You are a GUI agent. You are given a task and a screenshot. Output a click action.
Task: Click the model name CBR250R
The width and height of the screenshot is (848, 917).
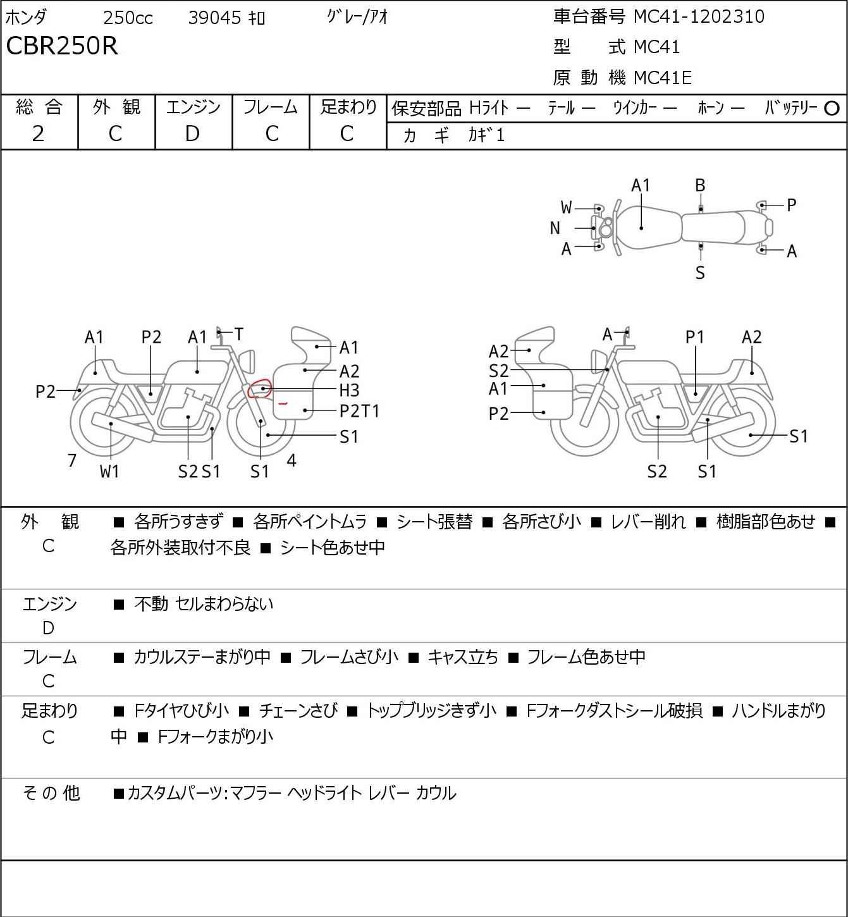click(x=62, y=46)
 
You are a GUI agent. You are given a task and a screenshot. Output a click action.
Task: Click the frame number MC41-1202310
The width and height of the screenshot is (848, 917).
click(x=699, y=16)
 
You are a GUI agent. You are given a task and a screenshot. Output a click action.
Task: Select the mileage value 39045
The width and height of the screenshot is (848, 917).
click(x=214, y=18)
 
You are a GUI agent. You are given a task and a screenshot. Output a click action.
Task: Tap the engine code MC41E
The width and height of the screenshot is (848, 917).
click(x=662, y=78)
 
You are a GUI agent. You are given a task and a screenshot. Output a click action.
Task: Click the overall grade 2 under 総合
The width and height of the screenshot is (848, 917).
click(x=39, y=133)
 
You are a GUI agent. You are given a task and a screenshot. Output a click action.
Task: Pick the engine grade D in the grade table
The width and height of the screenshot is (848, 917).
click(x=193, y=133)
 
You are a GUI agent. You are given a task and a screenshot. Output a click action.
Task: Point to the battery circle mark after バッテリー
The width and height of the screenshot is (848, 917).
click(x=832, y=109)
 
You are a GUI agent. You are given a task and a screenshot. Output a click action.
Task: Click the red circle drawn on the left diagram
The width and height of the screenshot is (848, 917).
click(x=259, y=388)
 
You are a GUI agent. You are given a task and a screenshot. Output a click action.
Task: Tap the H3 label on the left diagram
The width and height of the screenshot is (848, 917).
click(x=349, y=390)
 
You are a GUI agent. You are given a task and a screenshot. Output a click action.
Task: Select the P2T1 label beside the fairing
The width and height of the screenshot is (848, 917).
click(x=359, y=411)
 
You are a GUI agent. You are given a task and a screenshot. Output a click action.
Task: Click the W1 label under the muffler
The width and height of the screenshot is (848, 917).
click(x=109, y=471)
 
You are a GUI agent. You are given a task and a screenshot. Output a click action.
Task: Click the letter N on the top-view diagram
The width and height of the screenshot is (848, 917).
click(x=555, y=228)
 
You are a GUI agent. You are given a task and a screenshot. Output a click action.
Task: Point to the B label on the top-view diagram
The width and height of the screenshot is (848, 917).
click(x=700, y=185)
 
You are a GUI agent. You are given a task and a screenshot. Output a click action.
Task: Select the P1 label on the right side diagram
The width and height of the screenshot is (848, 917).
click(x=694, y=337)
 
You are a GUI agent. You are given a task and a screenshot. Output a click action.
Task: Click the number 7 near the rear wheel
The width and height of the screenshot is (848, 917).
click(x=72, y=460)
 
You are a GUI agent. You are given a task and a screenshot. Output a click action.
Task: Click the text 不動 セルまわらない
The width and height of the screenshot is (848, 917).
click(x=204, y=604)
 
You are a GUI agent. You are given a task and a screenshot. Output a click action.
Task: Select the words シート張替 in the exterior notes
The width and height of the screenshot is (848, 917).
click(x=434, y=522)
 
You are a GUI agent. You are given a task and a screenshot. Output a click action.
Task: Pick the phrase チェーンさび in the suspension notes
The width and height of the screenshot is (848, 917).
click(x=298, y=711)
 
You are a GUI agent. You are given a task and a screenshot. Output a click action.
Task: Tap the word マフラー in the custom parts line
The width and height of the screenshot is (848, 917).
click(x=255, y=793)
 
